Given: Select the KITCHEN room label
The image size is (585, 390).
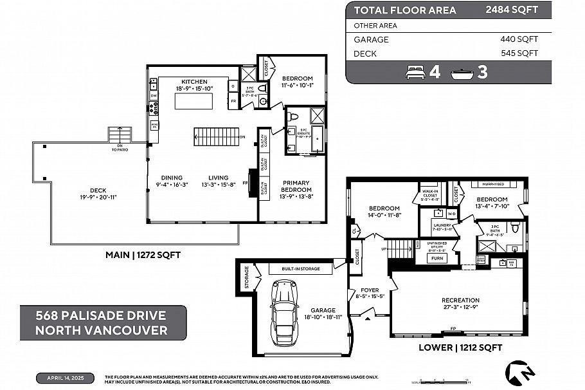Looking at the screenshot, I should tap(194, 82).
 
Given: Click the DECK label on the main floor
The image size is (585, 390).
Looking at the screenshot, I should tap(98, 190).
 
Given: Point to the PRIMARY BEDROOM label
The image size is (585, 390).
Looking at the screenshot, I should tap(296, 186).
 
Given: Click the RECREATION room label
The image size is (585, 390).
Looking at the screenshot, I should tap(460, 301).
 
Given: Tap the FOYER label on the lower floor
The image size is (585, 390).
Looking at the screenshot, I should tap(369, 290).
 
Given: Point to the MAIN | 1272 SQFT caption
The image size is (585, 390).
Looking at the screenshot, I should tap(143, 255).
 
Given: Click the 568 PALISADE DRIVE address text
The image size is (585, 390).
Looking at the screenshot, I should tap(101, 316).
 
